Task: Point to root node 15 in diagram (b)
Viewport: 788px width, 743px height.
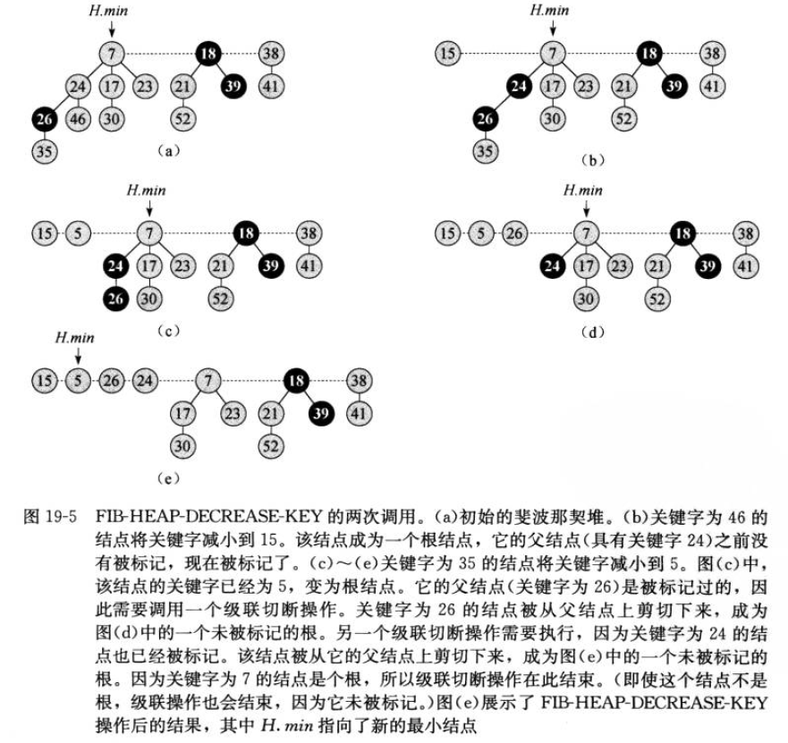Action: (450, 54)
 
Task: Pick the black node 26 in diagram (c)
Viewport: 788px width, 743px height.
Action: (114, 299)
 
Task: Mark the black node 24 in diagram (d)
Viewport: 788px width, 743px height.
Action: (551, 266)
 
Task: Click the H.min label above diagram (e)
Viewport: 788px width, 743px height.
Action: (73, 338)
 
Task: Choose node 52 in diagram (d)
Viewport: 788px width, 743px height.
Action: (658, 299)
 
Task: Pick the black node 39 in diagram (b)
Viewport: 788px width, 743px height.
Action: (674, 86)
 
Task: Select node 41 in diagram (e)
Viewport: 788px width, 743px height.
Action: (359, 414)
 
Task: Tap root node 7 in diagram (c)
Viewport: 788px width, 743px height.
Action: (148, 234)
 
